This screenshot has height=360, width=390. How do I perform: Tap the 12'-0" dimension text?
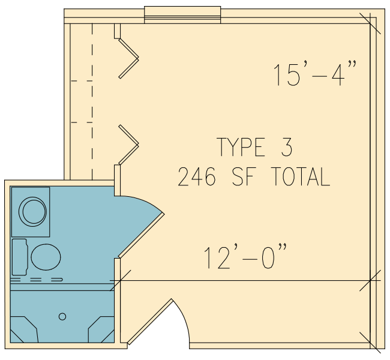click(245, 257)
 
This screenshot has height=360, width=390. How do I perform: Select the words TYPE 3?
click(254, 147)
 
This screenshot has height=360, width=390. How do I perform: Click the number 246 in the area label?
click(196, 176)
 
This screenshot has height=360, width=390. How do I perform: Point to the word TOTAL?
click(301, 176)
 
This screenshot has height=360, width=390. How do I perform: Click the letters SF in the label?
click(244, 176)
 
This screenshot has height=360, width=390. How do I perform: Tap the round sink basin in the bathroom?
click(32, 212)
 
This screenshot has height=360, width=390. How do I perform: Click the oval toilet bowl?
click(46, 257)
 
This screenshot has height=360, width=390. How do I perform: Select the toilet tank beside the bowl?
click(20, 257)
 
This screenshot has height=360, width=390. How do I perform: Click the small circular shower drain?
click(62, 316)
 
